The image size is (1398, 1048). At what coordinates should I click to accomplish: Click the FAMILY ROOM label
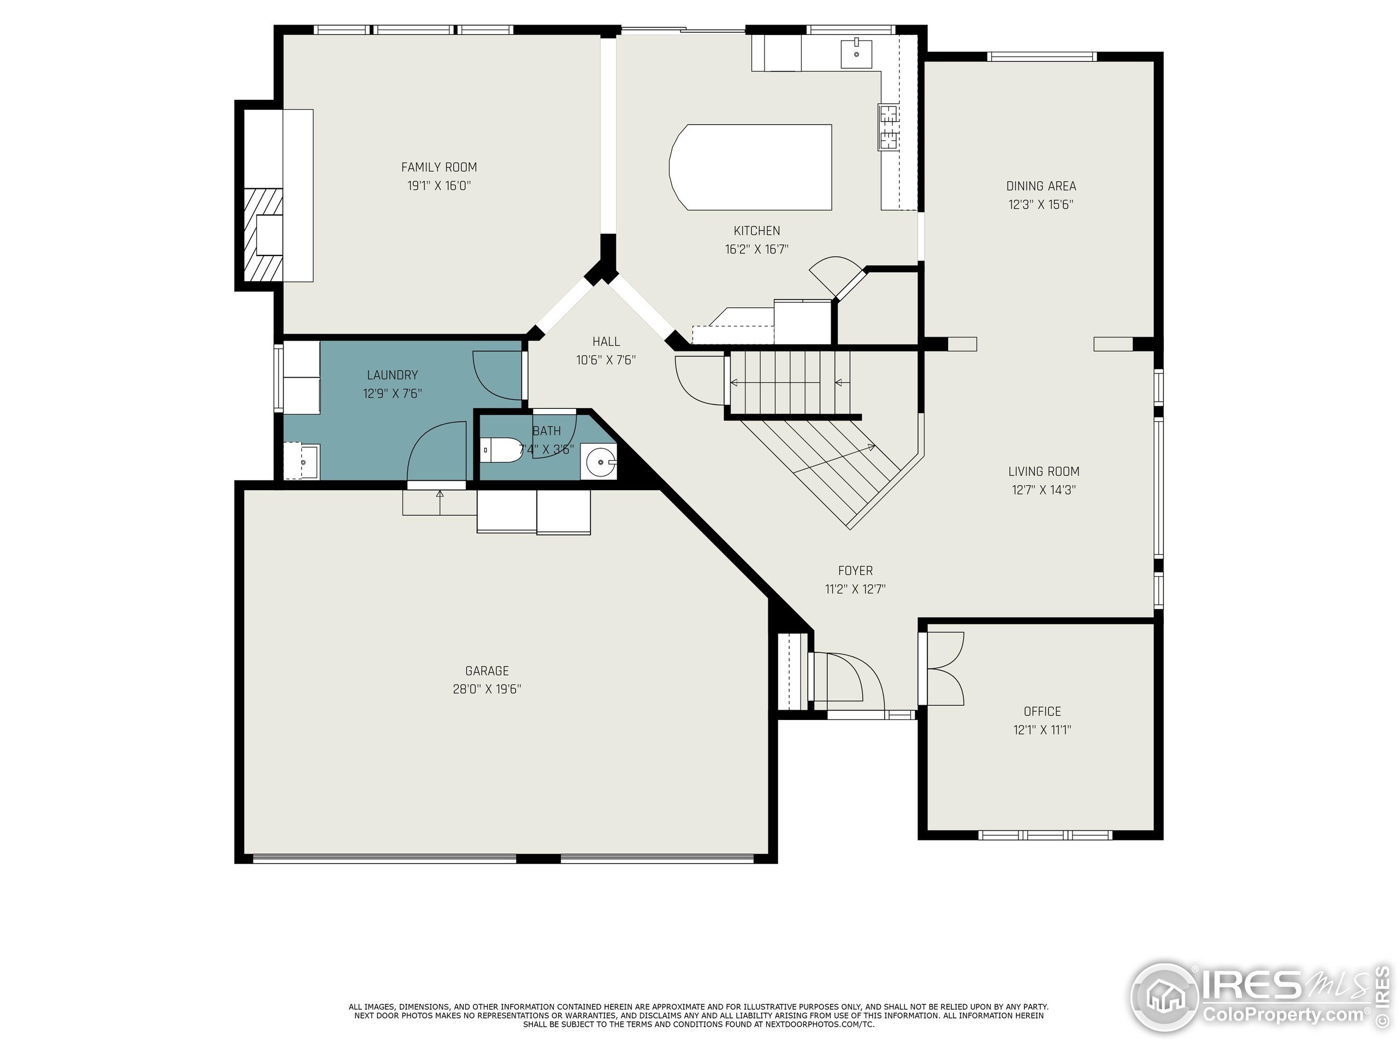[x=439, y=167]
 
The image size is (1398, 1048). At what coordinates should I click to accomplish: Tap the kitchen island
[x=751, y=168]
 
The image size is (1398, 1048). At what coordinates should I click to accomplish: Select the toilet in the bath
[x=501, y=450]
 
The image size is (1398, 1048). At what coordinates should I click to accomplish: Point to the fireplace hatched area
[x=263, y=234]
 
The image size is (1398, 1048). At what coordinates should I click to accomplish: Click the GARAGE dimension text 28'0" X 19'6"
[x=487, y=689]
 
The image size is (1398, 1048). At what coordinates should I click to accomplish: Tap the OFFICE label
[x=1041, y=711]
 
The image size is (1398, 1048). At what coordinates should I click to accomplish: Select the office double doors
[x=943, y=668]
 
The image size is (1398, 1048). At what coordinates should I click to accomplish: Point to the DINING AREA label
[x=1040, y=186]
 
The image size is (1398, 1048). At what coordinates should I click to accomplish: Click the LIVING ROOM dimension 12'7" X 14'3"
[x=1043, y=490]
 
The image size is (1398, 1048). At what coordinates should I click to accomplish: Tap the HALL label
[x=606, y=342]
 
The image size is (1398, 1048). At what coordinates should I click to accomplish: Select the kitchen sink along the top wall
[x=856, y=53]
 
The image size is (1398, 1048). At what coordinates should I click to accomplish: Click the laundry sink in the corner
[x=303, y=462]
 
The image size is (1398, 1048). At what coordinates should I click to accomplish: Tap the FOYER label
[x=855, y=570]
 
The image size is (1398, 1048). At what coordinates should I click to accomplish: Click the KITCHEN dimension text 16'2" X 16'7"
[x=756, y=249]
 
